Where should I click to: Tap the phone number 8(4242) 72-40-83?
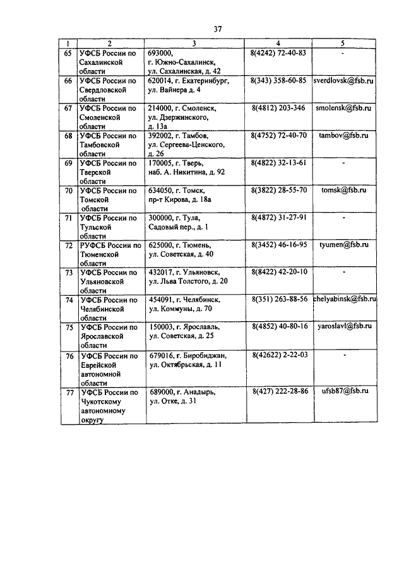pos(278,53)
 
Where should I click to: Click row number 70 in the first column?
pos(68,191)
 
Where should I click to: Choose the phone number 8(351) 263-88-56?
pos(279,299)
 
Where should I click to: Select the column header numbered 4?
pos(278,44)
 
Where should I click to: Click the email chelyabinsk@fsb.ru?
pos(345,299)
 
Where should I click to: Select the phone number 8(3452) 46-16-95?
pos(278,244)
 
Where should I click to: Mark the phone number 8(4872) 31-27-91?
pos(278,218)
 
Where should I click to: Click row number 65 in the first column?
pos(68,53)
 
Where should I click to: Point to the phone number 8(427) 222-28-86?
pos(279,392)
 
